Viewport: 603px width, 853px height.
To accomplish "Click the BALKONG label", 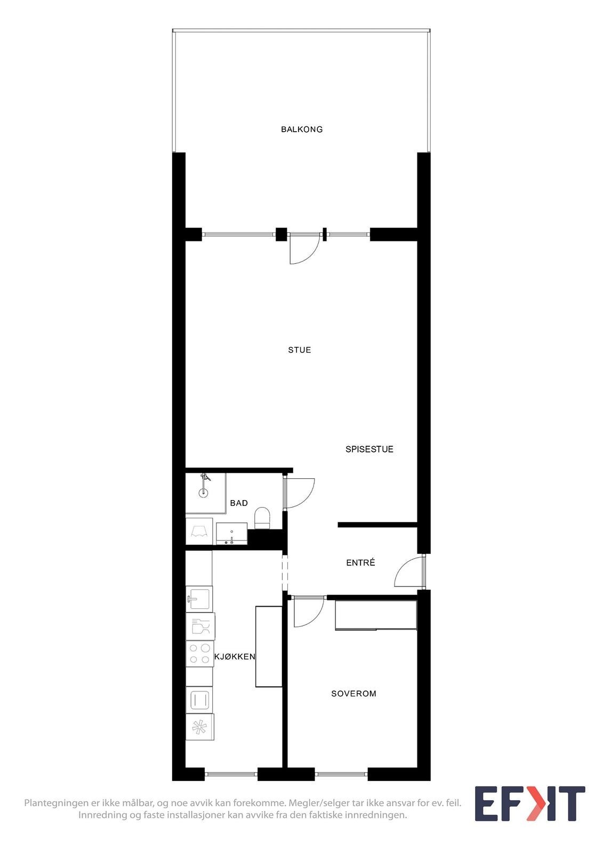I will click(302, 129).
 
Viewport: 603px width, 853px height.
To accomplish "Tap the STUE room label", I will click(299, 350).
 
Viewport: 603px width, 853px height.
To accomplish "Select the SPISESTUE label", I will click(369, 449).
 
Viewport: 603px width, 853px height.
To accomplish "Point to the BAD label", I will click(239, 503).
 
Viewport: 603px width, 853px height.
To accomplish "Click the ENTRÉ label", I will click(360, 562).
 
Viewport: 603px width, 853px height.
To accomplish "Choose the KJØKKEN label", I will click(235, 656).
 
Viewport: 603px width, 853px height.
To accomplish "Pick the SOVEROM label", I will click(353, 694).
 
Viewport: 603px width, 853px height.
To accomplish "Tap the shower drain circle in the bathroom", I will click(203, 493).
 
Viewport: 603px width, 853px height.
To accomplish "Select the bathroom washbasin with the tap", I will click(231, 534).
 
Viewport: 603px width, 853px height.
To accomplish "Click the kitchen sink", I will click(199, 599).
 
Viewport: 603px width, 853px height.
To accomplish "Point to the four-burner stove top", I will click(199, 654).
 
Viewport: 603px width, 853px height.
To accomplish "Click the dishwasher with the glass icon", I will click(200, 626).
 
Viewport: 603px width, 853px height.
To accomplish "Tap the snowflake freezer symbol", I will click(199, 727).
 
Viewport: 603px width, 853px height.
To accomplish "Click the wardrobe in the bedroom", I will click(375, 615).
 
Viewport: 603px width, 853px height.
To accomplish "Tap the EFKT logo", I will click(529, 804).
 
